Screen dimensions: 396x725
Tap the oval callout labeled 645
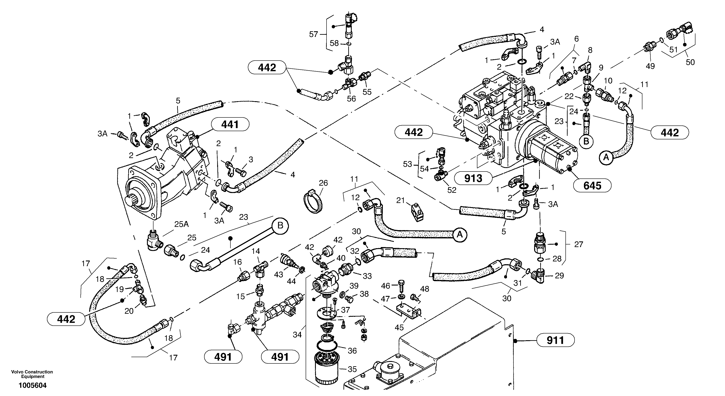(592, 185)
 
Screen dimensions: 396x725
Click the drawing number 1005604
(32, 386)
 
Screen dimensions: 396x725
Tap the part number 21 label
(400, 200)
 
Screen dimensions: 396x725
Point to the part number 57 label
(313, 35)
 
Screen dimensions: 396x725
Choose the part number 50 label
(690, 62)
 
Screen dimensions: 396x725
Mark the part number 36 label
(352, 351)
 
